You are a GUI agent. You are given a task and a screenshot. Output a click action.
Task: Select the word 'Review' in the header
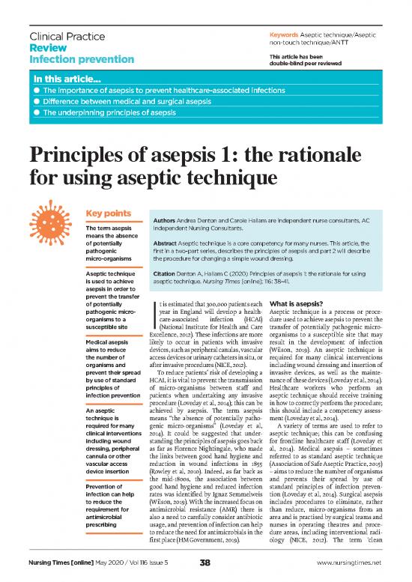click(46, 48)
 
